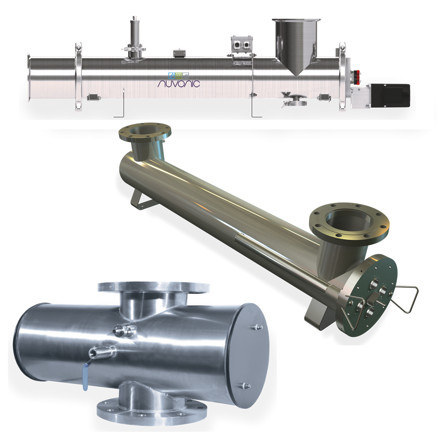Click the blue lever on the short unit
pos(85,378)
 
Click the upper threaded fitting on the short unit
pos(121,330)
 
